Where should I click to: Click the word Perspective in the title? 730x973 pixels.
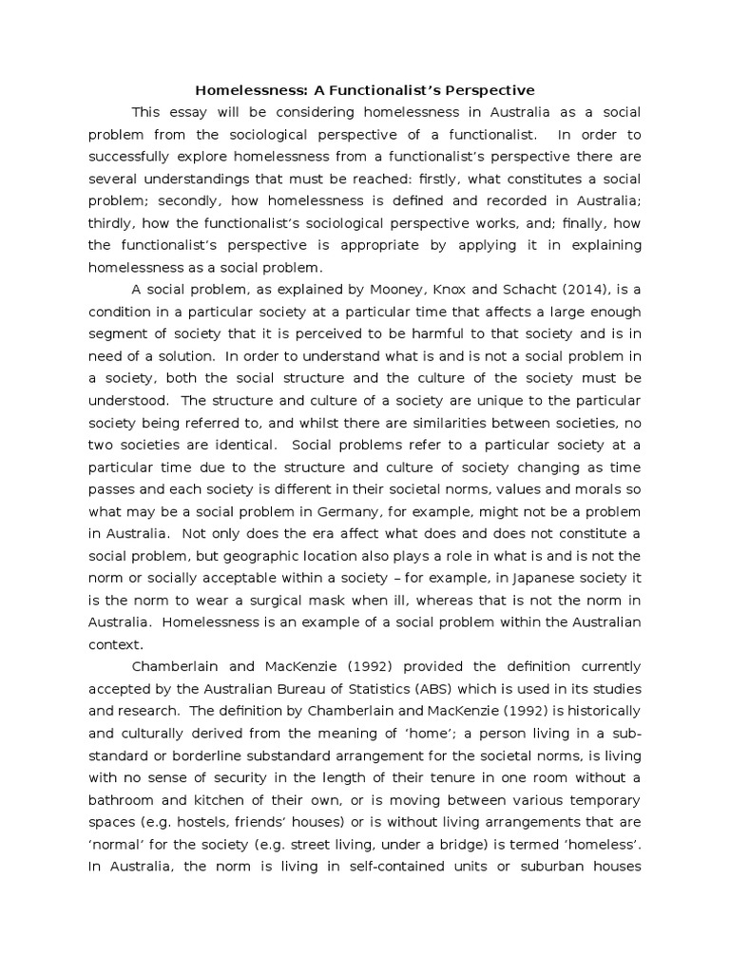click(x=487, y=90)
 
